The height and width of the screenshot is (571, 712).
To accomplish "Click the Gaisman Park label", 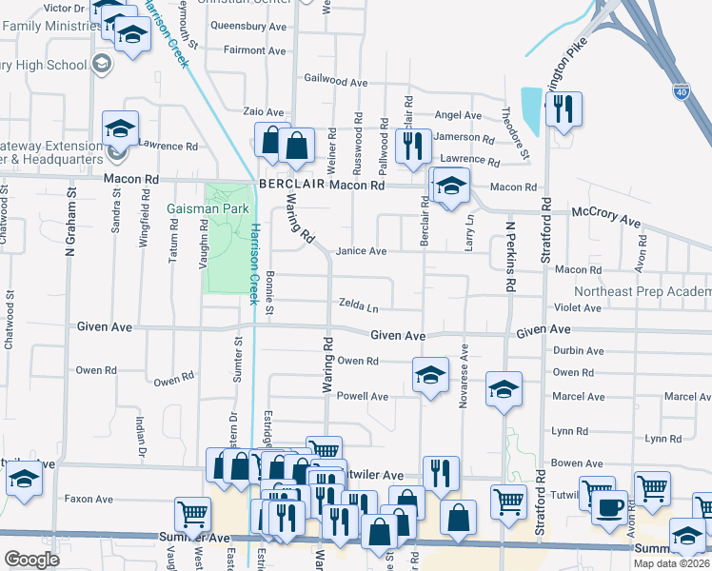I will tap(208, 208).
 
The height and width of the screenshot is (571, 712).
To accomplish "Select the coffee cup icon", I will tap(609, 506).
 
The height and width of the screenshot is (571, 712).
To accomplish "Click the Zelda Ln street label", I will tap(359, 305).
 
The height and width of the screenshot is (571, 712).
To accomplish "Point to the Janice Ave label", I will tap(361, 251).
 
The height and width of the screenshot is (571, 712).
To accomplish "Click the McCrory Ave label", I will tap(605, 220).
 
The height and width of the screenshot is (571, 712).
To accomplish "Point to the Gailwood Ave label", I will tap(335, 83).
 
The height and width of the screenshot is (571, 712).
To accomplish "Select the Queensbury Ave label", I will tap(248, 27).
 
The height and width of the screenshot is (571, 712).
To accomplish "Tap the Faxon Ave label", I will tap(89, 499).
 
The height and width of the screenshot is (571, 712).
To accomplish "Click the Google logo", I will tap(31, 560).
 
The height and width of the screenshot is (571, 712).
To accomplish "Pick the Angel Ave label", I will tap(458, 115).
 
